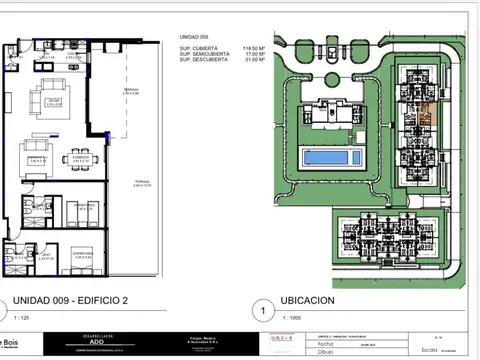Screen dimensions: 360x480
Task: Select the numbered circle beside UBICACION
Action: [263, 309]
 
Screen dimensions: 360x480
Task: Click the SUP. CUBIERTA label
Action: [197, 47]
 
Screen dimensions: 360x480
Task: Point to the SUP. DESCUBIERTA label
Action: [202, 60]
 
